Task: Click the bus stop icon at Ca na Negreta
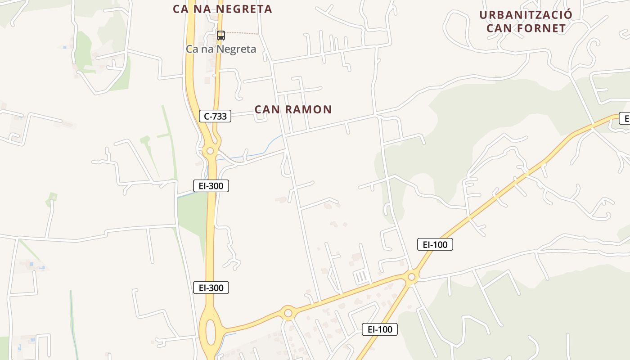[x=220, y=36]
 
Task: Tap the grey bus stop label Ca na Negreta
[x=221, y=49]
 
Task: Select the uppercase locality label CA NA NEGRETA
[x=223, y=9]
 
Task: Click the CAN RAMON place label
[x=293, y=109]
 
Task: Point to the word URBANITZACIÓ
[x=526, y=15]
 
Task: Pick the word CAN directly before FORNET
[x=499, y=28]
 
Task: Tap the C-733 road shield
[x=215, y=116]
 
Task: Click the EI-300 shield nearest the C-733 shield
[x=211, y=185]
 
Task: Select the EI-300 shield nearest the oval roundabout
[x=211, y=288]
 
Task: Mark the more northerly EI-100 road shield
[x=435, y=244]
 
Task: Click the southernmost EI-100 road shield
[x=380, y=329]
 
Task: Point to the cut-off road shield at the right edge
[x=625, y=118]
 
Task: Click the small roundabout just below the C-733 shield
[x=210, y=151]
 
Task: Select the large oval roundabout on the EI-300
[x=210, y=331]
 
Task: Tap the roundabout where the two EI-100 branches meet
[x=411, y=277]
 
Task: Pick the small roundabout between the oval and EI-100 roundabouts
[x=288, y=312]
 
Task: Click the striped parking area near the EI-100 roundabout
[x=361, y=277]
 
